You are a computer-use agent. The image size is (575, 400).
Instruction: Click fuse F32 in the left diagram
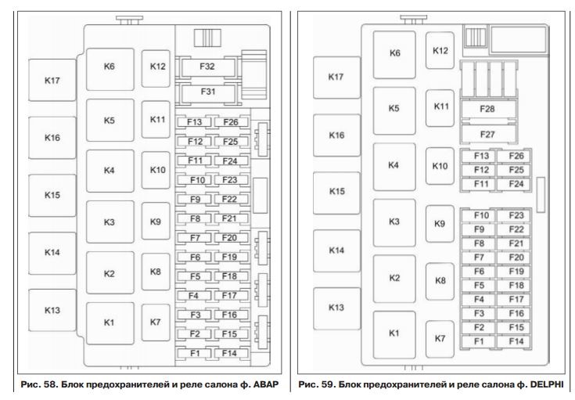[x=207, y=67]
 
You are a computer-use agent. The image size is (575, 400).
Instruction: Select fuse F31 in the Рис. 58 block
[x=207, y=92]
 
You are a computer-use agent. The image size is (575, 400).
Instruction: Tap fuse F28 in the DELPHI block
[x=487, y=108]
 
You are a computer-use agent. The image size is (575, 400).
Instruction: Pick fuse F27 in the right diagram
[x=487, y=134]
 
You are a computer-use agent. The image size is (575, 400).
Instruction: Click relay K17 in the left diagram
[x=52, y=80]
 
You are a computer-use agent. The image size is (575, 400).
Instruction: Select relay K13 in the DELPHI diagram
[x=337, y=307]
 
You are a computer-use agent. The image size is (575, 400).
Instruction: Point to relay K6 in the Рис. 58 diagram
[x=110, y=67]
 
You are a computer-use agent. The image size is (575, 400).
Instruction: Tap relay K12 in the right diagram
[x=440, y=51]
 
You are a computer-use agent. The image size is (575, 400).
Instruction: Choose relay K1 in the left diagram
[x=110, y=322]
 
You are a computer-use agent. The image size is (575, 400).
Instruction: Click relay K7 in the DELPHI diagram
[x=440, y=338]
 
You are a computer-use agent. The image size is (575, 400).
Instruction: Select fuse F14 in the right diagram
[x=516, y=341]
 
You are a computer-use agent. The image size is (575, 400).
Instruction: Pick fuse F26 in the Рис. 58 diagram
[x=230, y=122]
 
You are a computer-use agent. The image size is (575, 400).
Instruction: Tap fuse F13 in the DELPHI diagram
[x=482, y=156]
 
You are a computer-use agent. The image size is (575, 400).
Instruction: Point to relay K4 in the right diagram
[x=394, y=165]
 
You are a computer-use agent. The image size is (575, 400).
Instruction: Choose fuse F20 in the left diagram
[x=230, y=237]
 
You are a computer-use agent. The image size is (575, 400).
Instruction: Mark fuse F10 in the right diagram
[x=482, y=214]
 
